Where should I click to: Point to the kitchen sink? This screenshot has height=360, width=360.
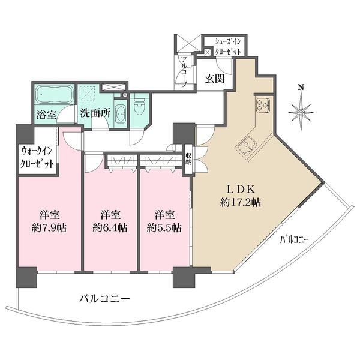tap(246, 146)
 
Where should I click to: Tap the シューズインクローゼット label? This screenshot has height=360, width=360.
tap(229, 46)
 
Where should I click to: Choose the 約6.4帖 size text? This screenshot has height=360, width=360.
tap(110, 227)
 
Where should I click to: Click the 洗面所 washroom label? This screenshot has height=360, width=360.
tap(93, 113)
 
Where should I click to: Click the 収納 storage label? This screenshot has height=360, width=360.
tap(188, 158)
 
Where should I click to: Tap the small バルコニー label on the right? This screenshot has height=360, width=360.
tap(294, 239)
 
